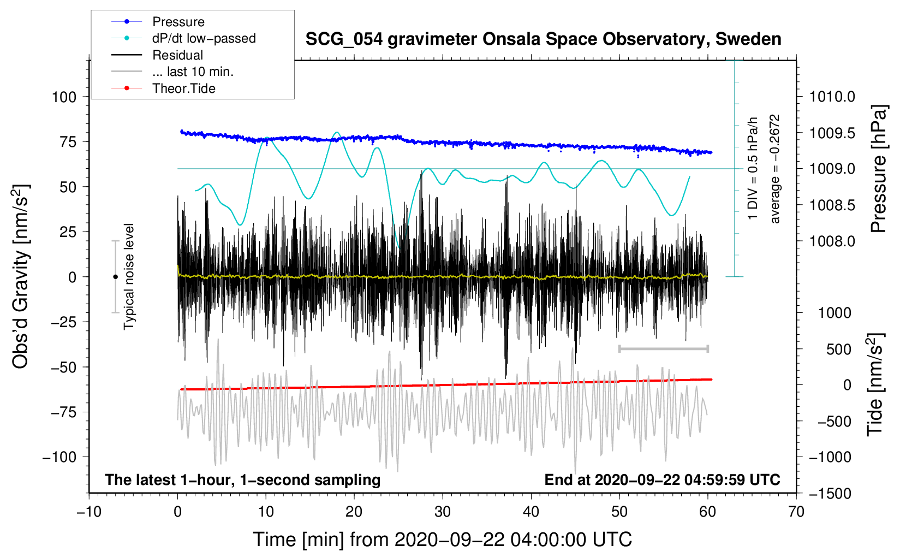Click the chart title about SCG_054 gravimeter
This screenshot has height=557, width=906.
[x=543, y=39]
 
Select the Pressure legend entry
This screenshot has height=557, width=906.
[x=178, y=22]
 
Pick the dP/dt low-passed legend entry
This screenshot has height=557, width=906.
[x=204, y=38]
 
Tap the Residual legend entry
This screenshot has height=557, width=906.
[x=177, y=55]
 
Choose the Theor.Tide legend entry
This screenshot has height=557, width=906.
[x=183, y=88]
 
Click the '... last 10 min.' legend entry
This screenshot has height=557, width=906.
[x=193, y=72]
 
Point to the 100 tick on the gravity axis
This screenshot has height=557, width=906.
[x=64, y=97]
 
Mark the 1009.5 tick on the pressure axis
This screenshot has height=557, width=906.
[x=832, y=133]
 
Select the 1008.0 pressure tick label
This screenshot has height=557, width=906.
[x=832, y=241]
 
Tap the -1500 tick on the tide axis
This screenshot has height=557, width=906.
[x=830, y=494]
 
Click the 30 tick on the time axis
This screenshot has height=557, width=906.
[x=443, y=512]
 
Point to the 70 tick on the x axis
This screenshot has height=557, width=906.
[x=796, y=512]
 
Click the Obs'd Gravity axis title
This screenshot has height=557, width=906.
[x=20, y=276]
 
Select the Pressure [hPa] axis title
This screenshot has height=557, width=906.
[x=878, y=169]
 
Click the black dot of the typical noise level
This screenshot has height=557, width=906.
[x=115, y=277]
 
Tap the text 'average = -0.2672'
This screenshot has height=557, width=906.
[x=775, y=169]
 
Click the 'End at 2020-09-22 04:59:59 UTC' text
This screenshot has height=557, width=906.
[x=662, y=480]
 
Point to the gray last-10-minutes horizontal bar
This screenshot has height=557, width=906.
[x=663, y=348]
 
